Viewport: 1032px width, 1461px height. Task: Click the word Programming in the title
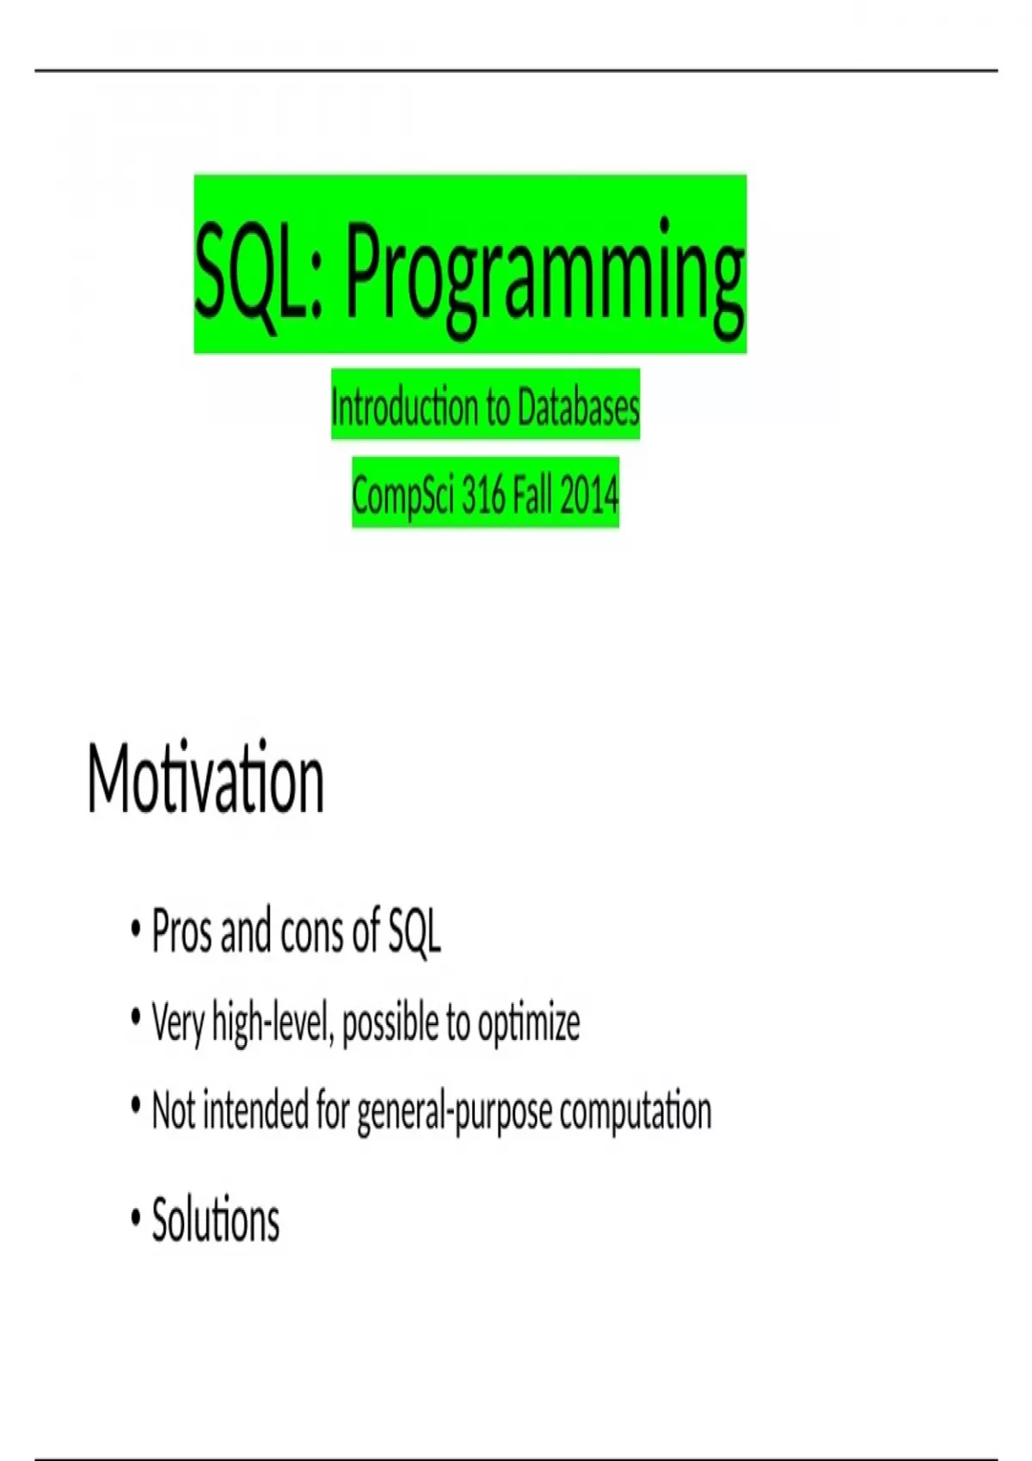(544, 278)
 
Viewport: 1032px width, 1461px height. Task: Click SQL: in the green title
(259, 270)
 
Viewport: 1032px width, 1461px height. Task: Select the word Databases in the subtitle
(578, 407)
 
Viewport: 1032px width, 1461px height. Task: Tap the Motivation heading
(206, 777)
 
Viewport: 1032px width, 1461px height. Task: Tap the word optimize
(529, 1024)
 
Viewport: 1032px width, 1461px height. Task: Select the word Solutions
(215, 1220)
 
